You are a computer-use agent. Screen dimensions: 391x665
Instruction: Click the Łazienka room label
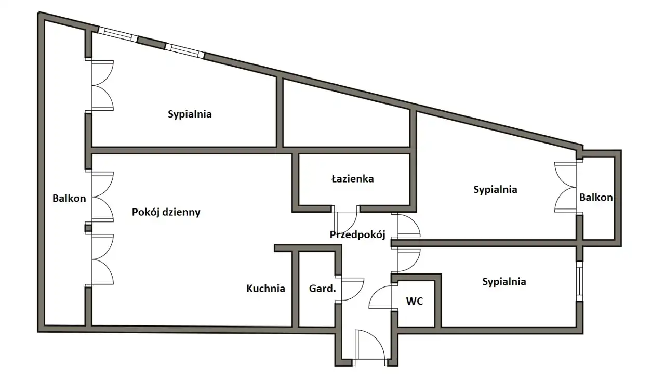point(353,179)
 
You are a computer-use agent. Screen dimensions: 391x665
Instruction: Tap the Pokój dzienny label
point(166,212)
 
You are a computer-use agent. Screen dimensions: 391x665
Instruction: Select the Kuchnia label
point(265,289)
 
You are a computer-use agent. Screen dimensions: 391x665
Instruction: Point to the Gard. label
point(322,289)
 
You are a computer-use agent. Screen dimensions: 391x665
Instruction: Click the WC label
point(414,301)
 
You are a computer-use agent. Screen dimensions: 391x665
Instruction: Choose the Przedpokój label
point(357,234)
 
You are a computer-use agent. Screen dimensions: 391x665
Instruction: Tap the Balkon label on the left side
point(69,198)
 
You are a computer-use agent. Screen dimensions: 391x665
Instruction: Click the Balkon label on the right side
point(596,198)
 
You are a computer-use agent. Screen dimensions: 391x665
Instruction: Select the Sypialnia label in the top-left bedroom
point(190,114)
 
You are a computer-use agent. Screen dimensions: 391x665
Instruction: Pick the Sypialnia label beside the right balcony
point(495,189)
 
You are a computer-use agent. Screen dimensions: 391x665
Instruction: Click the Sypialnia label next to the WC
point(504,282)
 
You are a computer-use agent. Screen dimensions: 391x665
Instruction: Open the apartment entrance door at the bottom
point(370,346)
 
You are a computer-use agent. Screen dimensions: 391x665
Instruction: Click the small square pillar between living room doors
point(88,228)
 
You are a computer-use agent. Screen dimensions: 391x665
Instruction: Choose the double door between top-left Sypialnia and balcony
point(102,85)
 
